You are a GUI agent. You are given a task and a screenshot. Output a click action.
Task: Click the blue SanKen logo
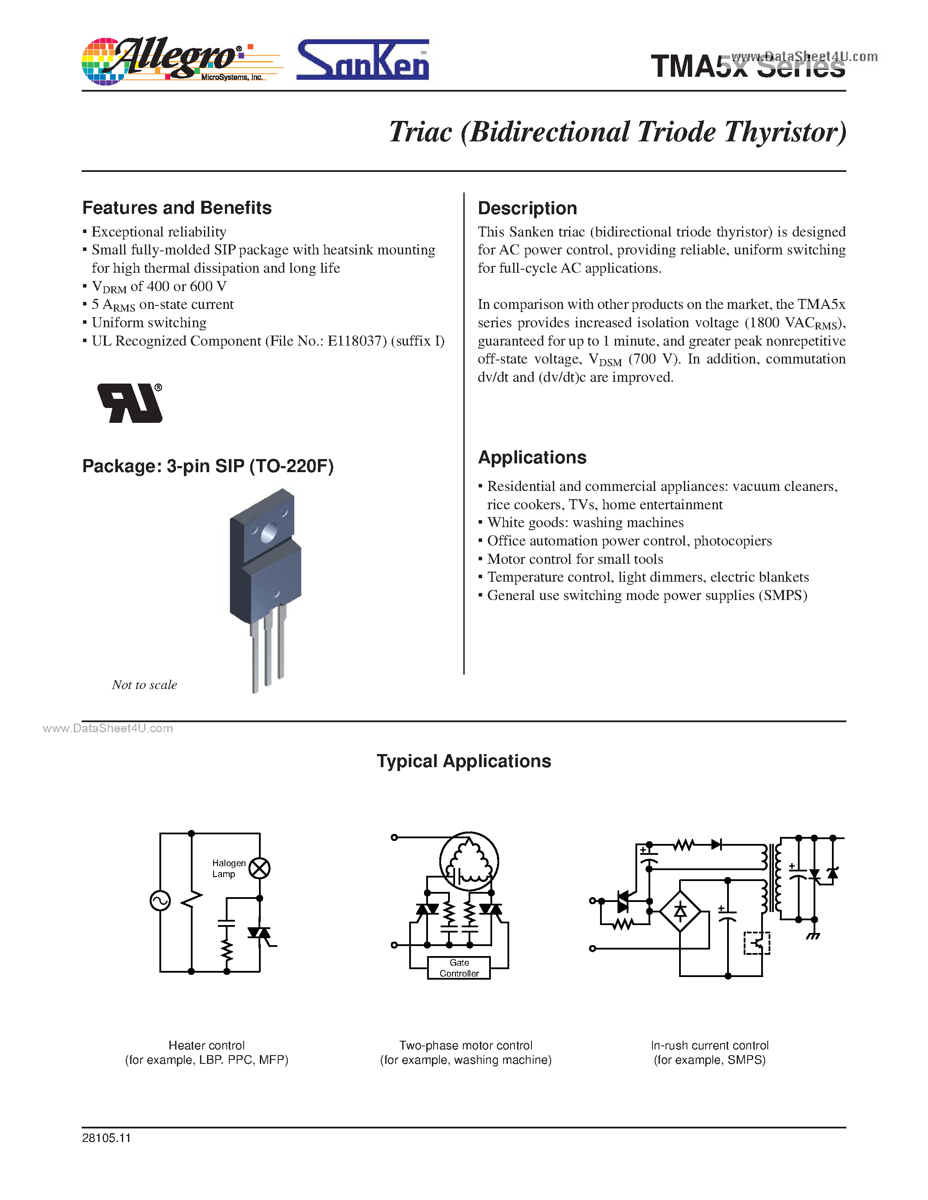(362, 61)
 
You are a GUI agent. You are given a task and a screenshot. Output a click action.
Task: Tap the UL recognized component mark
(130, 403)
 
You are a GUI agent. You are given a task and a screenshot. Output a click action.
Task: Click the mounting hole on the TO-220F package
(269, 532)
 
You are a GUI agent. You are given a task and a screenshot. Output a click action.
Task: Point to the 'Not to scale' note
(144, 685)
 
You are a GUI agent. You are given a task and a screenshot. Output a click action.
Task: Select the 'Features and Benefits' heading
(176, 208)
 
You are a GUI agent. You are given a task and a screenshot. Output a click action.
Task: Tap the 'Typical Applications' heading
(463, 761)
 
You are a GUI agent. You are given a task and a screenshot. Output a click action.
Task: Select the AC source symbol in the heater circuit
(160, 901)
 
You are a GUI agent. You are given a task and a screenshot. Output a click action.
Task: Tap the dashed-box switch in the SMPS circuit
(756, 943)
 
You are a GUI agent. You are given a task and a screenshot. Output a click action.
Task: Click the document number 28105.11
(106, 1138)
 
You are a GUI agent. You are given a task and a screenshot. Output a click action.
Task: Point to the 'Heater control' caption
(206, 1046)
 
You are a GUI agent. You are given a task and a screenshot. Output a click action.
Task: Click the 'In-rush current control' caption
(709, 1046)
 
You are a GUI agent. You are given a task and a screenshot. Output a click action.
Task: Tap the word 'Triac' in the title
(421, 132)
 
